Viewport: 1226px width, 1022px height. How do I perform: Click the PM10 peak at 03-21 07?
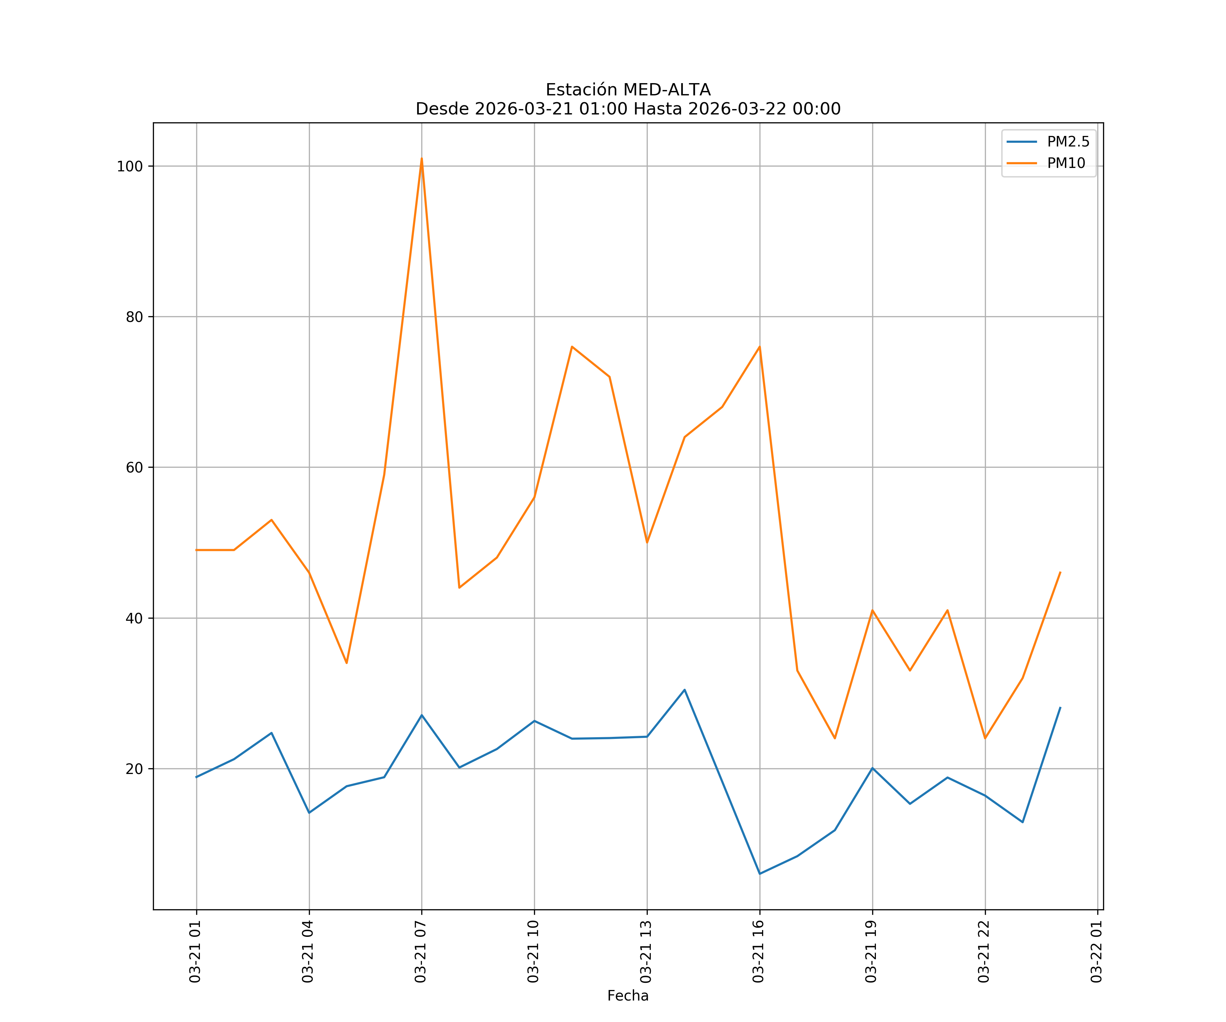422,159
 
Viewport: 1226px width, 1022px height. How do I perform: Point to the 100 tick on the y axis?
130,167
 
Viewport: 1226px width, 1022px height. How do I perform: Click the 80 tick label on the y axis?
134,317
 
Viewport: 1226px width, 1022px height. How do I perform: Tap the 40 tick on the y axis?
134,618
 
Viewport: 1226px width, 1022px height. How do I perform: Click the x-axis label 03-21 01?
195,951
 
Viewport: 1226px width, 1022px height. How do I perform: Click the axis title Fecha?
628,996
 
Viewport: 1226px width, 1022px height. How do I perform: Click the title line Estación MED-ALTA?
628,90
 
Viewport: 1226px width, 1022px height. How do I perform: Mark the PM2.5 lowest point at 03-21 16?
759,874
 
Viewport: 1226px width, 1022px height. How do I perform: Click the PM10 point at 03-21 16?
759,347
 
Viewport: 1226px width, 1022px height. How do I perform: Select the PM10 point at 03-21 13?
647,543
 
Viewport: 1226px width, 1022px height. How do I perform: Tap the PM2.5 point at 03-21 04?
309,813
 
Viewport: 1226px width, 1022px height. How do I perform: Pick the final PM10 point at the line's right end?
1060,572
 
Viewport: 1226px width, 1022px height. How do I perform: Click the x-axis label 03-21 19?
871,951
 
